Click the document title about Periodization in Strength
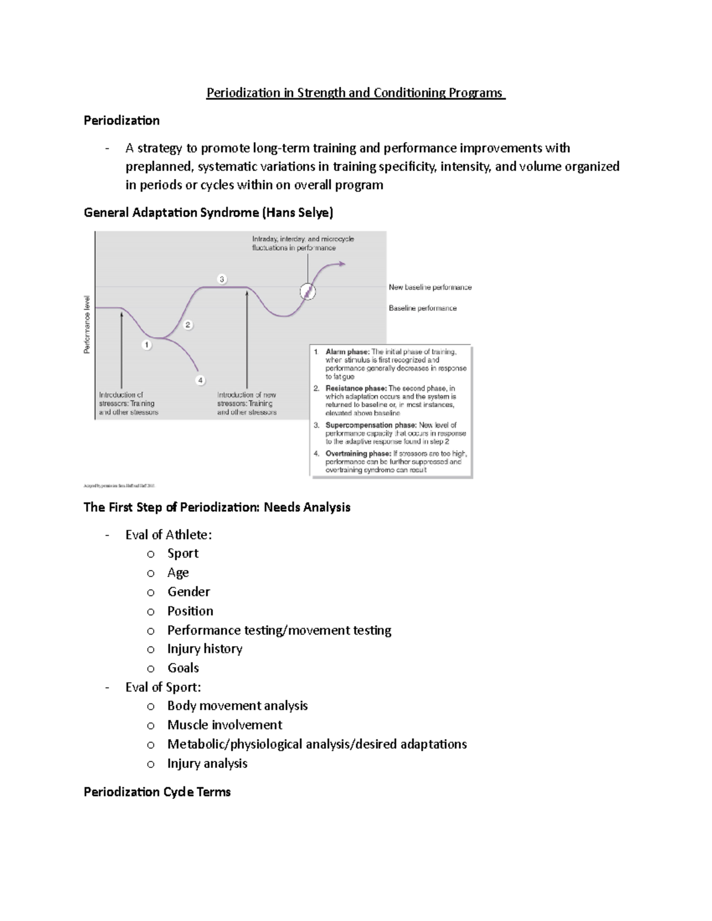(355, 93)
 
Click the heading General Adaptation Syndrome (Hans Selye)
(208, 212)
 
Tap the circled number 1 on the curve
(147, 345)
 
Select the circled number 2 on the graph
(187, 324)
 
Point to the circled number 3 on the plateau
(222, 279)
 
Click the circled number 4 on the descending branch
(201, 380)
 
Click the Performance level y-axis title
(87, 324)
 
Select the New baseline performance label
(430, 288)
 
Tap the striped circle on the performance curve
(307, 291)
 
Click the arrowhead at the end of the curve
(342, 264)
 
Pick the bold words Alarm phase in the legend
(347, 352)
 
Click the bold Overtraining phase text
(358, 454)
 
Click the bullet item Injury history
(205, 649)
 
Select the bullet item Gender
(189, 592)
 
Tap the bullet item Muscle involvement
(224, 725)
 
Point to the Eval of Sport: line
(163, 687)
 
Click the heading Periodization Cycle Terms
(157, 792)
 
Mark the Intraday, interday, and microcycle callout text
(303, 243)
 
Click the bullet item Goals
(183, 668)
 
